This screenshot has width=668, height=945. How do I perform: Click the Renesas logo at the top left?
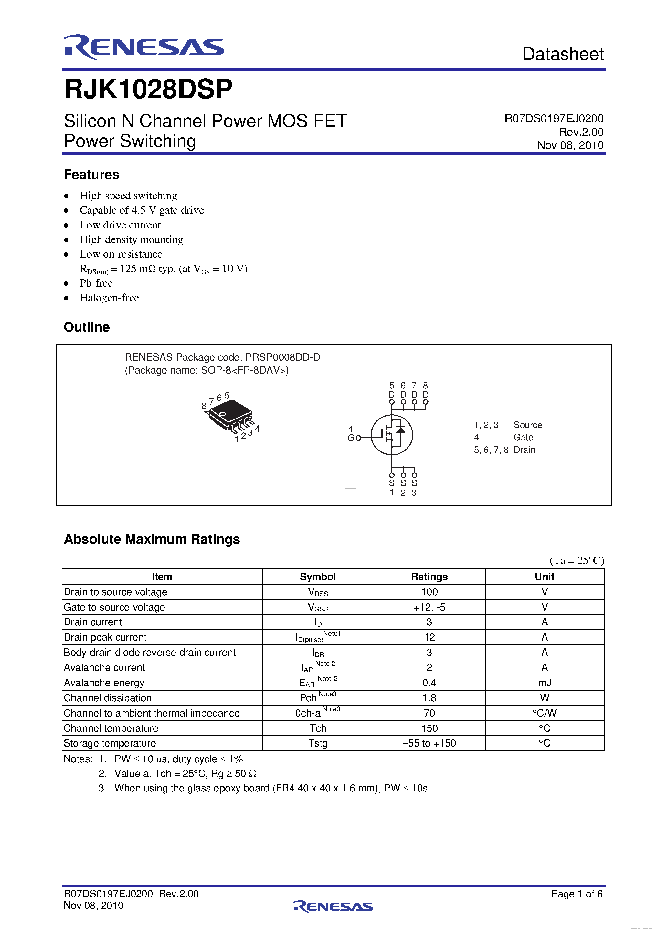[x=143, y=47]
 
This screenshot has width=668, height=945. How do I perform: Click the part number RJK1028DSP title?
[x=148, y=89]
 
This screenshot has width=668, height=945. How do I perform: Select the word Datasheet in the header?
[x=563, y=54]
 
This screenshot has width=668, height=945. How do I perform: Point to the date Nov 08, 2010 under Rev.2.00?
[x=570, y=145]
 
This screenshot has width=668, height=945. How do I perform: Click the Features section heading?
[x=91, y=175]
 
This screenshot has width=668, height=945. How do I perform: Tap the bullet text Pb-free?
[x=96, y=283]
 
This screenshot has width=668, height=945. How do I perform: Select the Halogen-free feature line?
[x=109, y=298]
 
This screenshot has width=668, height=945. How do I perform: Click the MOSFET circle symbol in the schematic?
[x=391, y=435]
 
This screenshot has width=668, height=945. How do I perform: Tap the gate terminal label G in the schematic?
[x=351, y=438]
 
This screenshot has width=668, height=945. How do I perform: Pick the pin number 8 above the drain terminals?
[x=425, y=386]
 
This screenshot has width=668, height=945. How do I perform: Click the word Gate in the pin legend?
[x=523, y=437]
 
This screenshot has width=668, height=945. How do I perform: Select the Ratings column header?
[x=429, y=577]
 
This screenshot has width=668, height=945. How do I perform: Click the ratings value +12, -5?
[x=429, y=607]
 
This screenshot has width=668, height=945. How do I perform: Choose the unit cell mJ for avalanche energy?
[x=544, y=683]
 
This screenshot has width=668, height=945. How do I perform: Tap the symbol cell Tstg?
[x=318, y=743]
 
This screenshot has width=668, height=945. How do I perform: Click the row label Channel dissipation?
[x=108, y=698]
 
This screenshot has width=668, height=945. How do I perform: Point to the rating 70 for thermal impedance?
[x=429, y=713]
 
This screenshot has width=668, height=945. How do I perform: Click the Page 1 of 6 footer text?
[x=577, y=894]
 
